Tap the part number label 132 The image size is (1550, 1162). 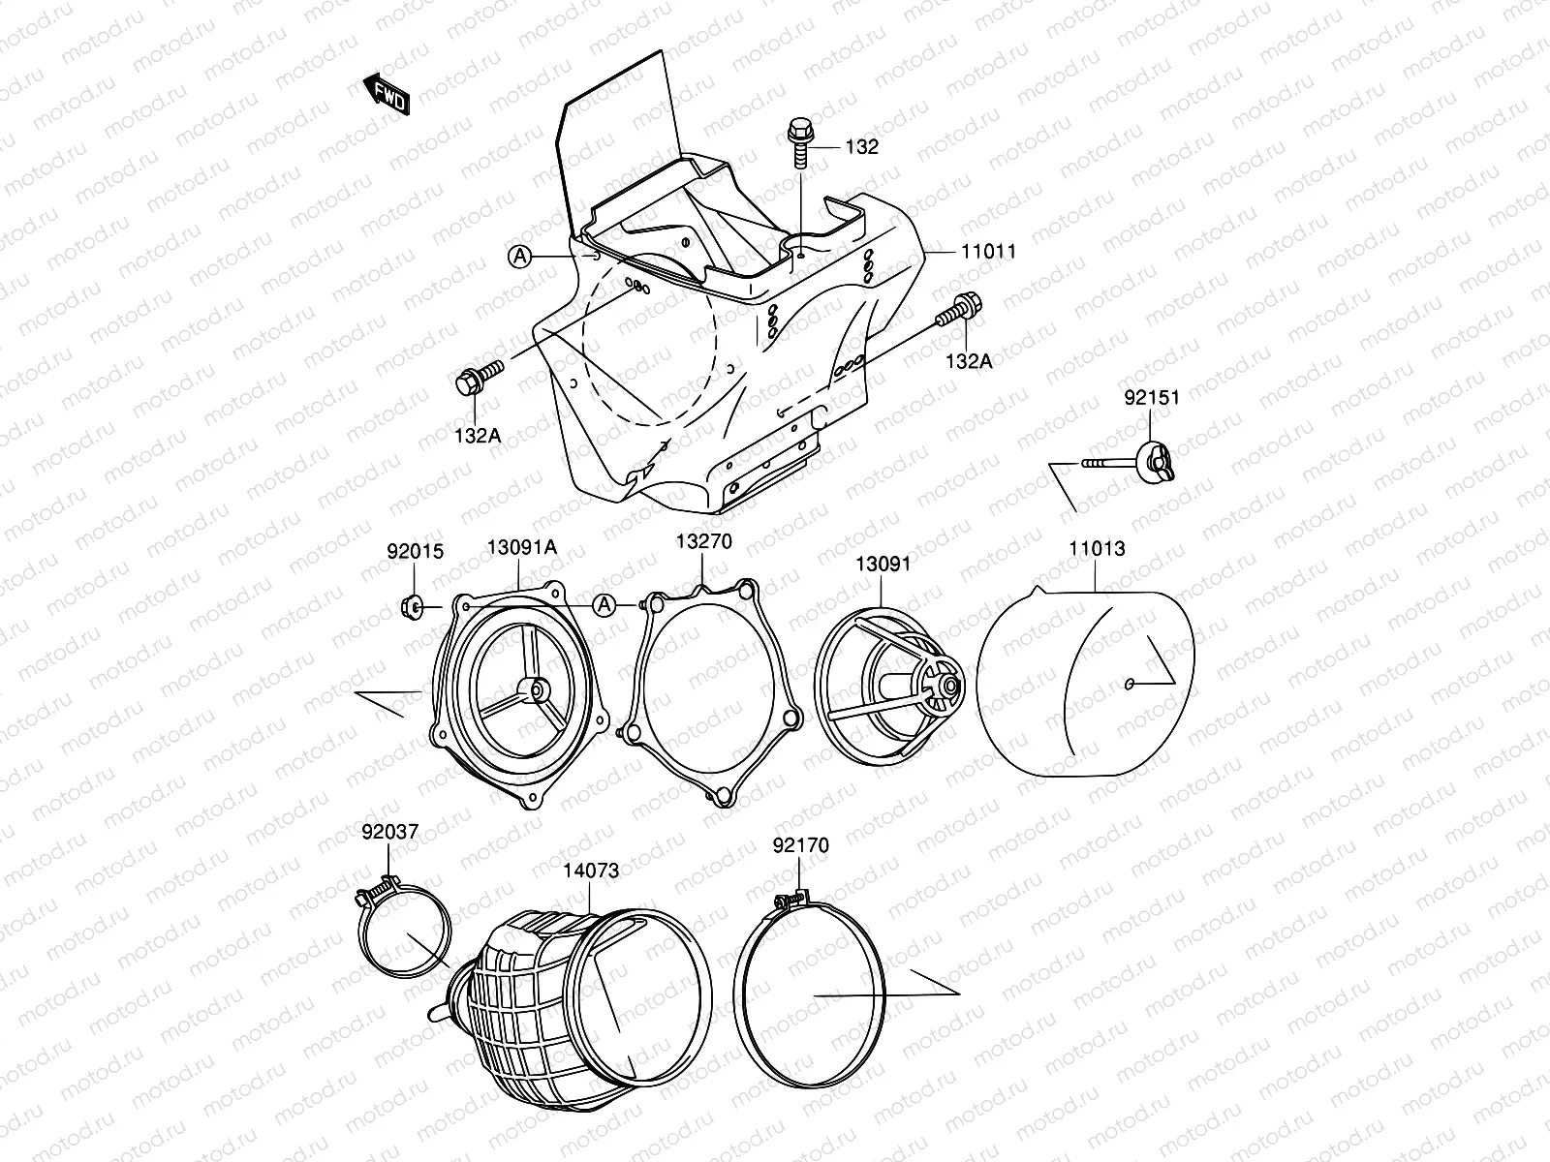pyautogui.click(x=861, y=147)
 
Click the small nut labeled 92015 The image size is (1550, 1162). pyautogui.click(x=410, y=607)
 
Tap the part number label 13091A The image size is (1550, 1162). pyautogui.click(x=521, y=547)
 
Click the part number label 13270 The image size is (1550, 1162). pyautogui.click(x=704, y=541)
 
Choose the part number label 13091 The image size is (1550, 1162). pyautogui.click(x=883, y=563)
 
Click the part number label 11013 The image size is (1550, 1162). pyautogui.click(x=1097, y=549)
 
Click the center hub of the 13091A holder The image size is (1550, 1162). pyautogui.click(x=532, y=688)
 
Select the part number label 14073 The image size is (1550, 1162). pyautogui.click(x=590, y=871)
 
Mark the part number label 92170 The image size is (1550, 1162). pyautogui.click(x=800, y=845)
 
